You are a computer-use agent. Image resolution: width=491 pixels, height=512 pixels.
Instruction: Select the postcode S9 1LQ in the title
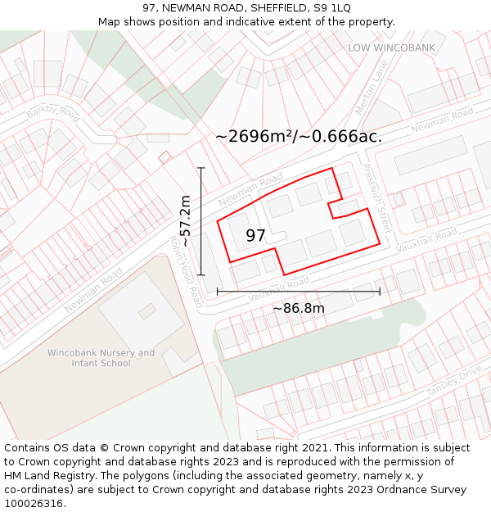(x=331, y=7)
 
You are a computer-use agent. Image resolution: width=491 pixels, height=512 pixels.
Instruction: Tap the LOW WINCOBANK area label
(x=392, y=48)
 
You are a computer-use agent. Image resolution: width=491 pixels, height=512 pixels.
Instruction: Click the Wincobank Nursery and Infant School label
(x=101, y=358)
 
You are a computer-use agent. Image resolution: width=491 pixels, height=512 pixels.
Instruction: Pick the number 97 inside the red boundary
(x=255, y=236)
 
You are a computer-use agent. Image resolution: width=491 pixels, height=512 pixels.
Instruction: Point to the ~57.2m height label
(x=186, y=221)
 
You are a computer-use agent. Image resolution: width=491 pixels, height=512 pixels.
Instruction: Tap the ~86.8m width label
(x=298, y=309)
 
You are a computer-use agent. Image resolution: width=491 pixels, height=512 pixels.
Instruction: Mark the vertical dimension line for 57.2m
(x=200, y=221)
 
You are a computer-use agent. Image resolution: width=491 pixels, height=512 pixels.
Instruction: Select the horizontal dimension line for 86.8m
(x=298, y=291)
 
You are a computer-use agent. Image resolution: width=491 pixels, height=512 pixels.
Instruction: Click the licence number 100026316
(x=35, y=504)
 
